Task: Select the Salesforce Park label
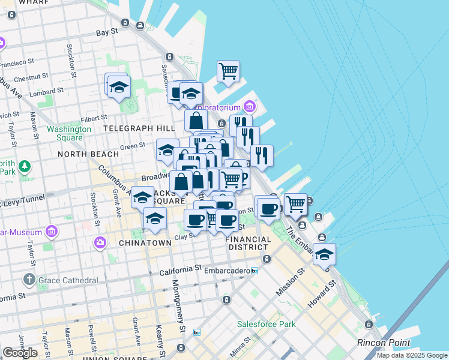pyautogui.click(x=266, y=324)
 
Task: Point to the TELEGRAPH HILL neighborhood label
pyautogui.click(x=139, y=128)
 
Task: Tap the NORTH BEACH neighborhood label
pyautogui.click(x=88, y=154)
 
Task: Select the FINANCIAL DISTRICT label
pyautogui.click(x=247, y=243)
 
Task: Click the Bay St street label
pyautogui.click(x=106, y=34)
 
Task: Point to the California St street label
pyautogui.click(x=180, y=272)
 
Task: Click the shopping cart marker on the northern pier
pyautogui.click(x=228, y=71)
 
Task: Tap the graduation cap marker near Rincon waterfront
pyautogui.click(x=324, y=254)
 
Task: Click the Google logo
pyautogui.click(x=20, y=353)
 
